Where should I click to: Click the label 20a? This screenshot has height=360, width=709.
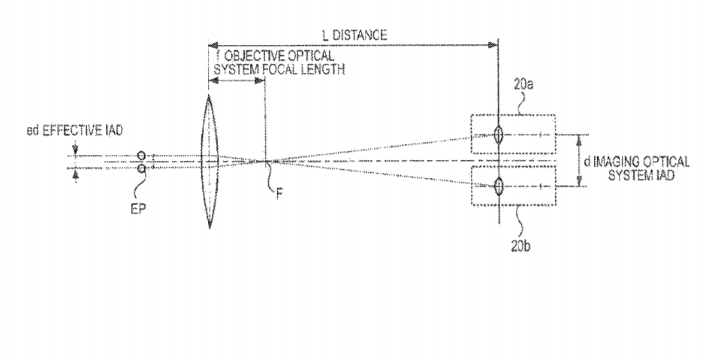pos(523,85)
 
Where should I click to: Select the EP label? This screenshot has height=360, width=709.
pos(139,210)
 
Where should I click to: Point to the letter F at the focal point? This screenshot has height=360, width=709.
pos(279,195)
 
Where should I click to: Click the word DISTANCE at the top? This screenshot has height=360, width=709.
pos(360,35)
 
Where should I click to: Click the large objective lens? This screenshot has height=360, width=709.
pos(209,162)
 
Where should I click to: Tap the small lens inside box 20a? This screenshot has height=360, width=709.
pos(498,135)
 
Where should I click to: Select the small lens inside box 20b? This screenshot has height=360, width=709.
pos(498,186)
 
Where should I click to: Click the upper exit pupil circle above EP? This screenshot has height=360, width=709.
pos(141,156)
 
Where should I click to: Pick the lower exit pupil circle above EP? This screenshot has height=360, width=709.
pos(141,168)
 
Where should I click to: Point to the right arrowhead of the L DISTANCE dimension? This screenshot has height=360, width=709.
pos(493,45)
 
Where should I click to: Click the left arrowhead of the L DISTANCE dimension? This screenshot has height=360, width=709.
pos(213,45)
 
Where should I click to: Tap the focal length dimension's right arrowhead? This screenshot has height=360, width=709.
pos(261,80)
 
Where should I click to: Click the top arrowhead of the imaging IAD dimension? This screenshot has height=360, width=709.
pos(578,139)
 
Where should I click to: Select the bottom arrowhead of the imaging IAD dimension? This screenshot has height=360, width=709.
pos(578,182)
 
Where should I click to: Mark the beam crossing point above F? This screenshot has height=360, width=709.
pos(265,161)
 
